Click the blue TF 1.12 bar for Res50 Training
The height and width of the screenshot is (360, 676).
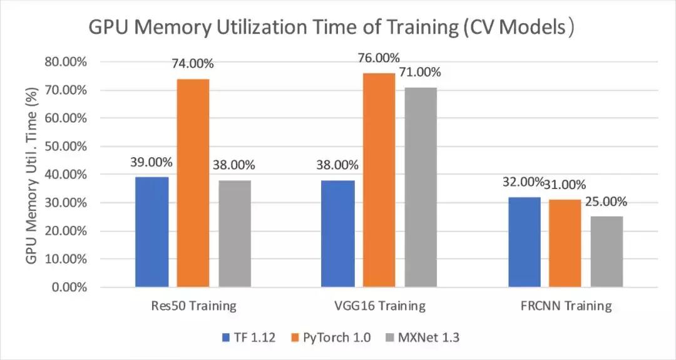[152, 232]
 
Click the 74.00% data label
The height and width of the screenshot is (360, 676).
[192, 64]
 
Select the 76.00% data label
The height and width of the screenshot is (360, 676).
[378, 58]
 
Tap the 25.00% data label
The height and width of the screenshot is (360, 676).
[605, 202]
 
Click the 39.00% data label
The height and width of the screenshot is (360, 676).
[151, 162]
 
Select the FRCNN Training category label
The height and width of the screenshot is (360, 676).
[565, 306]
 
